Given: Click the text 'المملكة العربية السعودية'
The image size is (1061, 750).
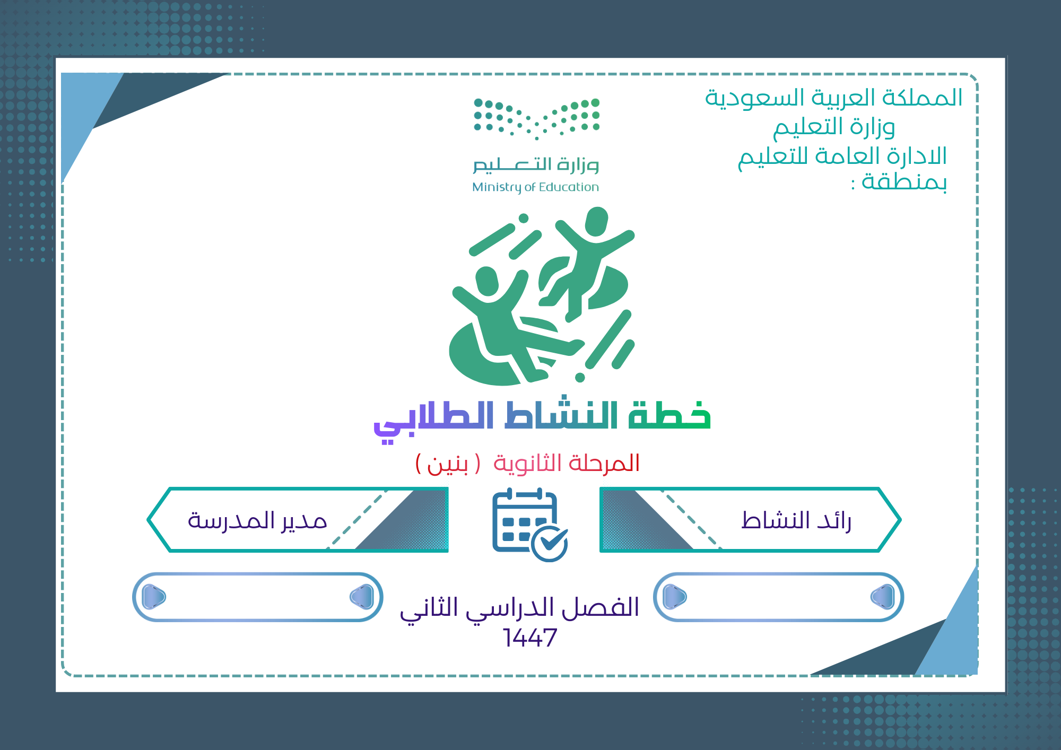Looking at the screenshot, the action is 833,98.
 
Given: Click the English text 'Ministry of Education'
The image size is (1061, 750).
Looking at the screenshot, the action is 535,187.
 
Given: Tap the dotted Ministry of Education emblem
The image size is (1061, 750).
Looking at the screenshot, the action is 536,118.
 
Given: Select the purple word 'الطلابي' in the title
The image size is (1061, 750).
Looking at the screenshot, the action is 433,419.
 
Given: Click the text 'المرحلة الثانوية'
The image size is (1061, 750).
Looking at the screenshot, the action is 567,463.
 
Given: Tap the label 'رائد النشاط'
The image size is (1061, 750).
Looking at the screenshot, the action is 796,520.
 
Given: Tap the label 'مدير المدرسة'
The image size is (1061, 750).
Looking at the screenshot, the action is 257,520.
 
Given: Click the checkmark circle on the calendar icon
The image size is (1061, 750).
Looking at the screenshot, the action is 550,543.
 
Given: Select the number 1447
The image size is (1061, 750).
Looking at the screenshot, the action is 530,638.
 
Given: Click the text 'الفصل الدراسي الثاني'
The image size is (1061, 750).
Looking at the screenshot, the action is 519,608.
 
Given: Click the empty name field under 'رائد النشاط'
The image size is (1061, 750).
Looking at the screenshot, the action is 779,597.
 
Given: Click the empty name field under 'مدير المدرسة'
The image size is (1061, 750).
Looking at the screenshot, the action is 258,597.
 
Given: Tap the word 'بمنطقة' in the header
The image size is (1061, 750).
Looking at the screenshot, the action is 905,182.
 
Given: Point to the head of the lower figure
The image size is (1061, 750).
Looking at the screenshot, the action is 486,281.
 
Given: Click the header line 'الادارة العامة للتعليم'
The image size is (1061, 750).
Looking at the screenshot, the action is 842,156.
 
